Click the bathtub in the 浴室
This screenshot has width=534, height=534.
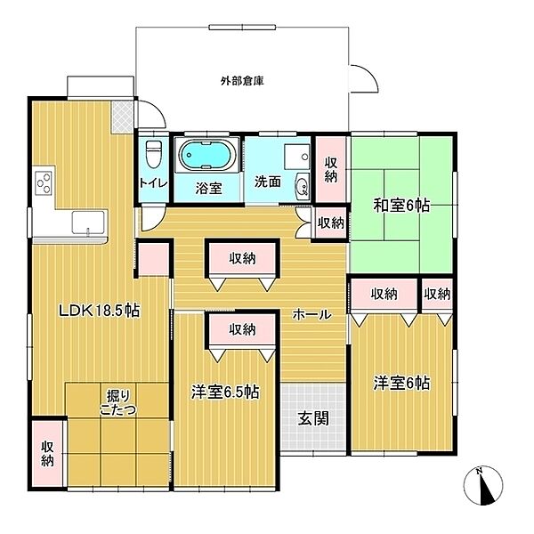(207, 155)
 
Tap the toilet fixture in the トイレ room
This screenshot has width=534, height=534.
(154, 154)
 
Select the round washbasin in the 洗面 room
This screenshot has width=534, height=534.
(303, 187)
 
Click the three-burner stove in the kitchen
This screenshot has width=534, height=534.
(44, 182)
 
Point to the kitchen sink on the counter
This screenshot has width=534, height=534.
(88, 222)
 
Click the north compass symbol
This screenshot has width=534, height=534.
(483, 485)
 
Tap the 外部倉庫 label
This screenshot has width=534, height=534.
(242, 81)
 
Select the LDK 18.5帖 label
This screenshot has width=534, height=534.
(99, 311)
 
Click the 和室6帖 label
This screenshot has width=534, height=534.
(401, 206)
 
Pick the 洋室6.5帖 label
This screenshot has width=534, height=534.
(225, 392)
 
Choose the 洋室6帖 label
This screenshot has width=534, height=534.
(401, 383)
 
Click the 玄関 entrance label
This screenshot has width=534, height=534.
(313, 418)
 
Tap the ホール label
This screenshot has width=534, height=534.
(312, 315)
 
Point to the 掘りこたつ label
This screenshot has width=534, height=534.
(118, 402)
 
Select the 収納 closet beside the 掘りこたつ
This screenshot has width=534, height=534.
(48, 453)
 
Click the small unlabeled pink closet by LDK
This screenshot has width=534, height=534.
(154, 259)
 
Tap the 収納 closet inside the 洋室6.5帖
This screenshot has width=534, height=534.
(242, 329)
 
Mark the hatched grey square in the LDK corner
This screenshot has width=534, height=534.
(122, 117)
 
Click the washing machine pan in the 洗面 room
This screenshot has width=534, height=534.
(297, 157)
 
